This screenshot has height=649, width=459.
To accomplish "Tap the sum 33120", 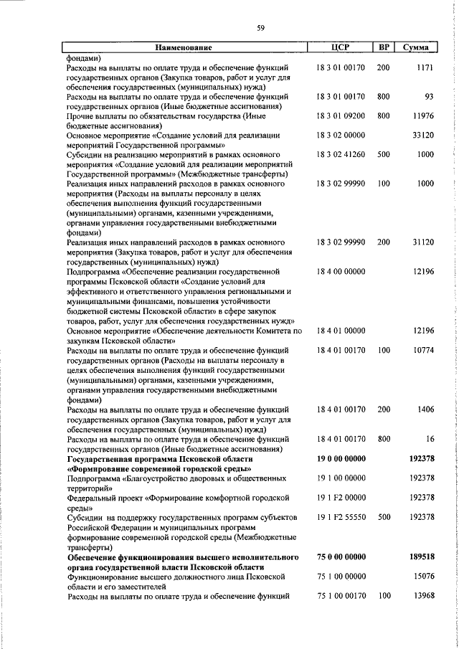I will tap(422, 135).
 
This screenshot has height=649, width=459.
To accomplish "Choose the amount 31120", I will tap(422, 242).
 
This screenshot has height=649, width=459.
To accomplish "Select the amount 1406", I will tap(424, 409).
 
